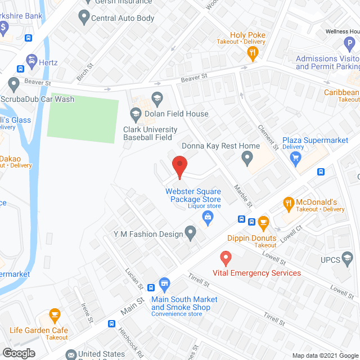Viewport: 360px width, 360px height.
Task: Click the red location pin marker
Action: click(x=179, y=166)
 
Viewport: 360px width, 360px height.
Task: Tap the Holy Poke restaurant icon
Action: click(x=253, y=53)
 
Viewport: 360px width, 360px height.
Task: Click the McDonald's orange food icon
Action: click(x=289, y=202)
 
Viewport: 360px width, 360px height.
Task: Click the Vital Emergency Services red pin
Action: click(x=226, y=258)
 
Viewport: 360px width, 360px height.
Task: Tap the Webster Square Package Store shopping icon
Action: click(x=208, y=217)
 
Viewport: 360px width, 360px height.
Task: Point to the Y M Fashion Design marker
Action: click(x=191, y=232)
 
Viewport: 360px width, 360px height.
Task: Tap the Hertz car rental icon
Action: click(x=32, y=61)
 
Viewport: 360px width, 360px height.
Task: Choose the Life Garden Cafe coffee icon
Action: click(x=55, y=314)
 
